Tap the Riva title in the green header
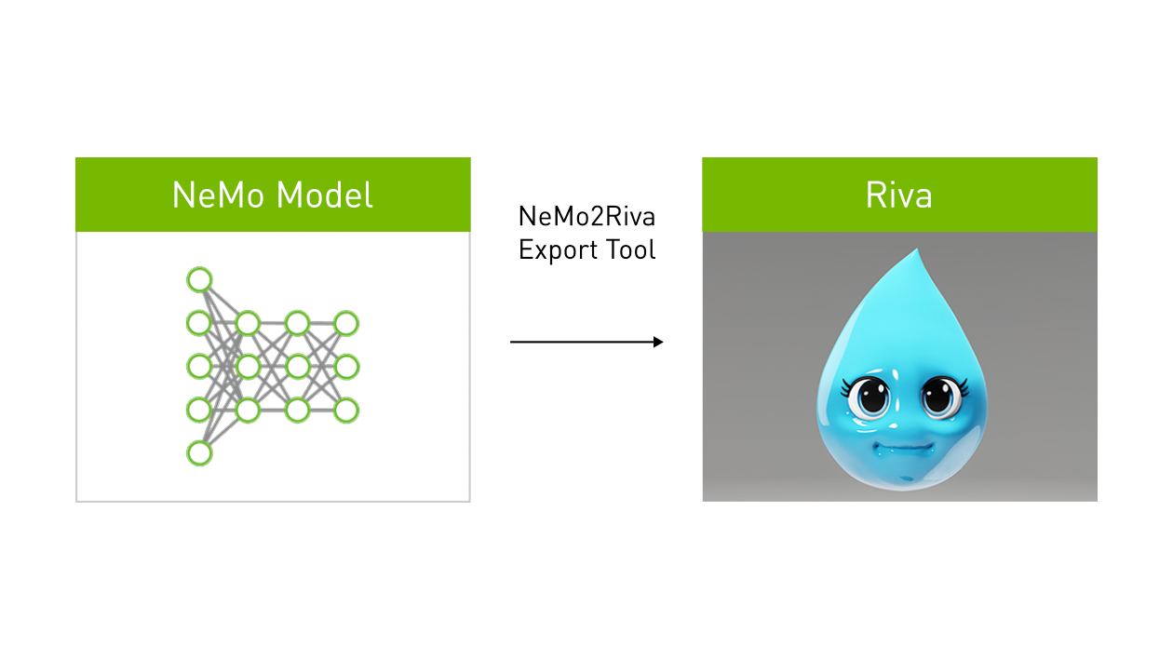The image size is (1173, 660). click(x=898, y=195)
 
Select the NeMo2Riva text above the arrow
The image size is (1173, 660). click(x=586, y=217)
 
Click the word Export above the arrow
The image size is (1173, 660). click(x=557, y=250)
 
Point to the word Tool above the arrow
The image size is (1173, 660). click(x=629, y=249)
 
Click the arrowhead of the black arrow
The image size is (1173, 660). click(x=658, y=343)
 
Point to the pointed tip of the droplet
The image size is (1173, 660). click(x=917, y=251)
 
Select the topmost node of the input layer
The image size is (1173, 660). click(x=199, y=279)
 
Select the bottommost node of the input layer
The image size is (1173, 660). click(x=199, y=453)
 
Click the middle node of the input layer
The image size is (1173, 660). click(x=199, y=367)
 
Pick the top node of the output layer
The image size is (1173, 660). click(x=346, y=324)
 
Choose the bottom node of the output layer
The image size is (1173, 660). click(x=346, y=410)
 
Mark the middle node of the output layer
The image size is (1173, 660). click(x=346, y=367)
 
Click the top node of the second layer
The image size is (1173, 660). click(x=248, y=324)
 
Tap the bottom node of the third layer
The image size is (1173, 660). click(x=298, y=410)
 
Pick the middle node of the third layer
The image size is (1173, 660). click(x=298, y=367)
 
